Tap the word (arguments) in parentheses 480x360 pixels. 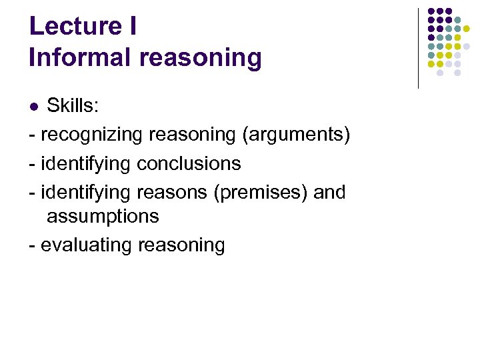295,135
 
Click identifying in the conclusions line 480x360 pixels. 86,163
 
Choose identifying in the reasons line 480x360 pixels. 86,192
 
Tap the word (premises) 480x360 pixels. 261,192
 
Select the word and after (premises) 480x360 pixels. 329,192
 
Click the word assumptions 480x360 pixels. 103,216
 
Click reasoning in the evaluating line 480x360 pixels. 181,245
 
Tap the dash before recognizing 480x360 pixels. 33,135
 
